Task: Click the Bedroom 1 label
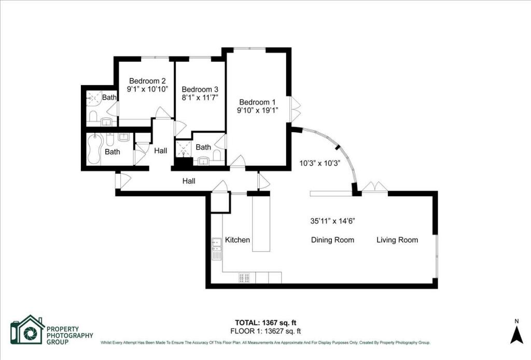pyautogui.click(x=257, y=102)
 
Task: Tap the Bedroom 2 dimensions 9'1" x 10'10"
pyautogui.click(x=148, y=89)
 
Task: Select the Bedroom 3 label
pyautogui.click(x=200, y=89)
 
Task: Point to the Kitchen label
pyautogui.click(x=237, y=240)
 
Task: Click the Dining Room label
pyautogui.click(x=332, y=240)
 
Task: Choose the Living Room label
pyautogui.click(x=397, y=240)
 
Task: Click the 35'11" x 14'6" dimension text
pyautogui.click(x=332, y=221)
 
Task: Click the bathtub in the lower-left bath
pyautogui.click(x=94, y=149)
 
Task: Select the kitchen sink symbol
pyautogui.click(x=216, y=249)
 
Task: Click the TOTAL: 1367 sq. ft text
pyautogui.click(x=265, y=323)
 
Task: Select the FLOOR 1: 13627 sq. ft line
pyautogui.click(x=265, y=331)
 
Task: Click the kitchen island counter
pyautogui.click(x=261, y=224)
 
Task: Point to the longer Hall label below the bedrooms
pyautogui.click(x=189, y=181)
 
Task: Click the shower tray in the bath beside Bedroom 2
pyautogui.click(x=94, y=98)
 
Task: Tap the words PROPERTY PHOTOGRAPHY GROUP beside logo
pyautogui.click(x=70, y=335)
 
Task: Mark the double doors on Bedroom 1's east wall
pyautogui.click(x=295, y=109)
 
